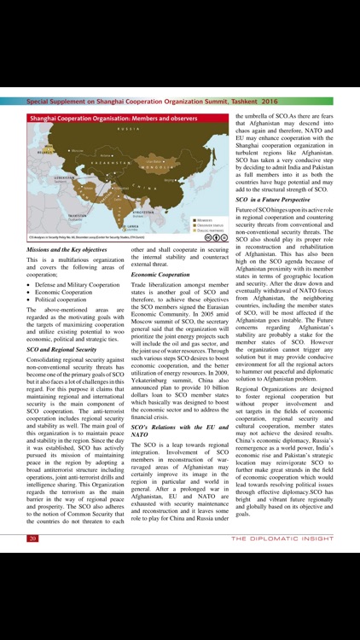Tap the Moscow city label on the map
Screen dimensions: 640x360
54,148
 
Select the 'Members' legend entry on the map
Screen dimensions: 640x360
204,218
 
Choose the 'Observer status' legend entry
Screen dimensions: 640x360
209,224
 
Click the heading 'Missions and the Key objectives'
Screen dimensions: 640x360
67,250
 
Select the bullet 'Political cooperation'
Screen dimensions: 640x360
67,300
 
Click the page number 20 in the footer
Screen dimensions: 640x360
32,538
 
